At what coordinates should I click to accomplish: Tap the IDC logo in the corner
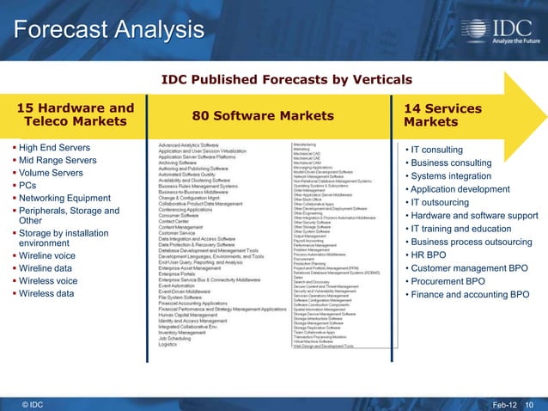click(503, 28)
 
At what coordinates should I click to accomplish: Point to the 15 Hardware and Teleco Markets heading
click(76, 114)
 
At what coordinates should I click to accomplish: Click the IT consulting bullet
click(437, 150)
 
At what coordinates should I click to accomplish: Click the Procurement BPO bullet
click(448, 281)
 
